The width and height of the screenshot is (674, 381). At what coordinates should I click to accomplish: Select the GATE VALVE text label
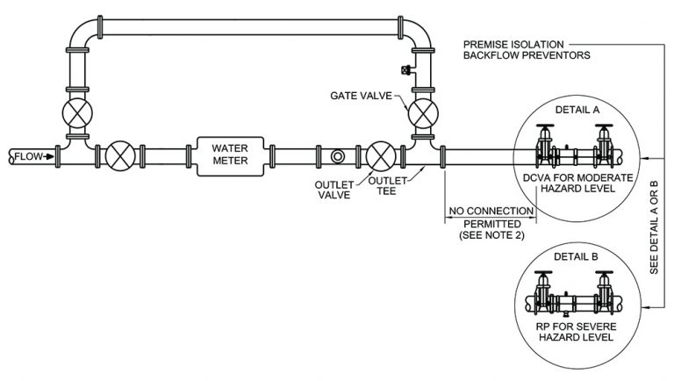tap(359, 94)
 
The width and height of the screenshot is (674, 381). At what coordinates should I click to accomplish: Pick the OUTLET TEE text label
tap(384, 188)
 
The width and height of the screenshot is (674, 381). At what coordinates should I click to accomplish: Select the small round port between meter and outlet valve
tap(339, 156)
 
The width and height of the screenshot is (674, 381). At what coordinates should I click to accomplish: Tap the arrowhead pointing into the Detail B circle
tap(647, 307)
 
